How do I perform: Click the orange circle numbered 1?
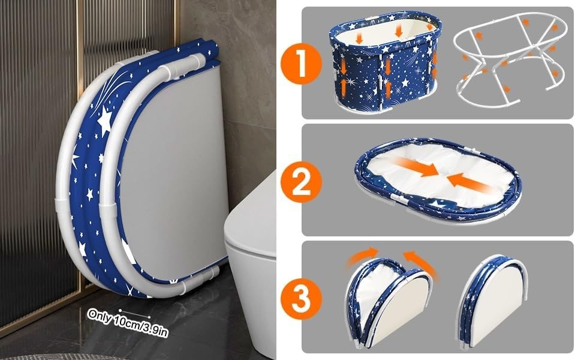click(301, 64)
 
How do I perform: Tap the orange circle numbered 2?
click(301, 182)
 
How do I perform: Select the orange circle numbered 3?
click(301, 299)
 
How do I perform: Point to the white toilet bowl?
click(253, 268)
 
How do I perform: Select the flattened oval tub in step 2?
click(438, 181)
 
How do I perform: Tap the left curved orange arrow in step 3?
click(362, 256)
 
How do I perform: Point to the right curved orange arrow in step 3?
click(420, 262)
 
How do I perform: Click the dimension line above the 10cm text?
click(134, 313)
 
